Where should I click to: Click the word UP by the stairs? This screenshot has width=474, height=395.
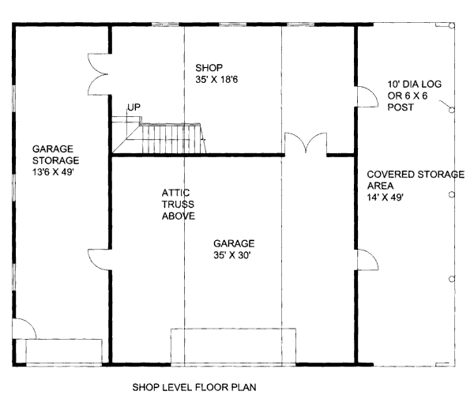pyautogui.click(x=134, y=107)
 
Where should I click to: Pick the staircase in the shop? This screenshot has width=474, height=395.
pyautogui.click(x=158, y=136)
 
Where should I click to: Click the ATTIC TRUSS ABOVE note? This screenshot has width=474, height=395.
pyautogui.click(x=178, y=204)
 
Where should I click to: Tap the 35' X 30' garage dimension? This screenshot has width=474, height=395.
pyautogui.click(x=233, y=256)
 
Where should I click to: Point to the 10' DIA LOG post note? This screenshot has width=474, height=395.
pyautogui.click(x=408, y=94)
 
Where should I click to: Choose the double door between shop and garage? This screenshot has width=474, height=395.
pyautogui.click(x=305, y=145)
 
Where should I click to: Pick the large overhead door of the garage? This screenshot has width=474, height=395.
pyautogui.click(x=234, y=345)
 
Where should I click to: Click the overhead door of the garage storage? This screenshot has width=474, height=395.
pyautogui.click(x=64, y=351)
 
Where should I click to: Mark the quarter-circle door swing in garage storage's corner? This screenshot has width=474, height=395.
pyautogui.click(x=24, y=330)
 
